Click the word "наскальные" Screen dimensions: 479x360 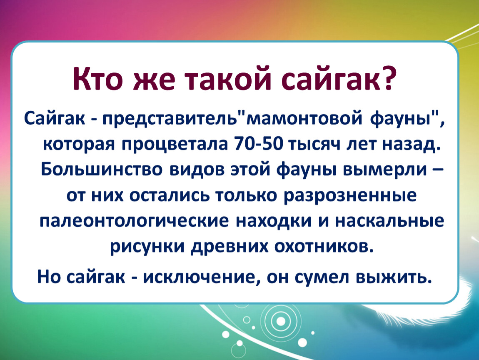click(389, 221)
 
